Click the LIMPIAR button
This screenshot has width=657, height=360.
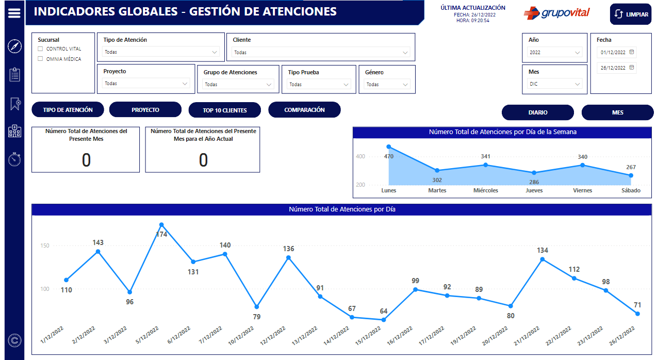(630, 14)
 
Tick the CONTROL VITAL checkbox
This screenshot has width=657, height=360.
(41, 49)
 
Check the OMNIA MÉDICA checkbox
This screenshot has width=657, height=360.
(41, 59)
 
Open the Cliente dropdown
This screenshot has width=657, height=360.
(321, 52)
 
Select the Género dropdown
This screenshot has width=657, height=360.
(387, 84)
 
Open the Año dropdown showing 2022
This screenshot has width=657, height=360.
(555, 52)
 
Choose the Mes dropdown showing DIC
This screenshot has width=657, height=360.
(555, 84)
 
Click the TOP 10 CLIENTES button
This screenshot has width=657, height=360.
(225, 110)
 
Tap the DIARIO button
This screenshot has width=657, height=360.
(538, 112)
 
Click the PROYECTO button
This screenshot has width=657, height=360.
(145, 110)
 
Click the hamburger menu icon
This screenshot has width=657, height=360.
(14, 13)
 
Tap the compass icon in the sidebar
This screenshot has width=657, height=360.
(14, 46)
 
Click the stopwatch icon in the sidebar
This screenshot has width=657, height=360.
(14, 159)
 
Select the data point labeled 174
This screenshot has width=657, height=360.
(161, 225)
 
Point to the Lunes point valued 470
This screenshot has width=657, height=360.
(389, 147)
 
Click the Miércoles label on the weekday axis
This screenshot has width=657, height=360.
(486, 190)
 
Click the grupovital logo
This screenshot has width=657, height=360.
(556, 13)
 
